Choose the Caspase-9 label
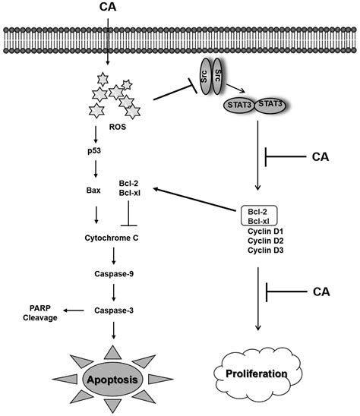pyautogui.click(x=113, y=273)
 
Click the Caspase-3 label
pyautogui.click(x=113, y=310)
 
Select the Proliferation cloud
pyautogui.click(x=258, y=373)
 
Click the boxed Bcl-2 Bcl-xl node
pyautogui.click(x=261, y=215)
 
